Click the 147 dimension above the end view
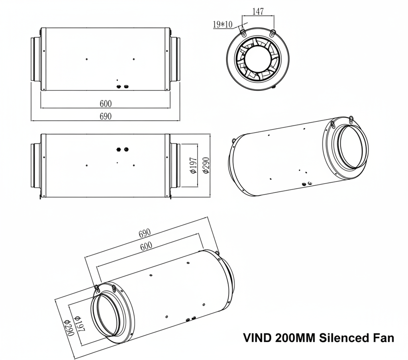pos(258,12)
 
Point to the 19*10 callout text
pos(223,25)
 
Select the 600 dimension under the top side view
pos(106,104)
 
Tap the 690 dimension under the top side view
pos(106,116)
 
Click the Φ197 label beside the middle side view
pos(193,165)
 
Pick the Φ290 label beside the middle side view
pos(206,165)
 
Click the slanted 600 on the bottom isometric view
pos(146,246)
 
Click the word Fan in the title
pos(384,338)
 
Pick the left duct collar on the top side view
pos(36,59)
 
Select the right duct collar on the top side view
pos(175,59)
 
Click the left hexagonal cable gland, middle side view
pos(118,149)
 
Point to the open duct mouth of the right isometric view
pos(352,146)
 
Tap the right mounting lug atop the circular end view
pos(273,31)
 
